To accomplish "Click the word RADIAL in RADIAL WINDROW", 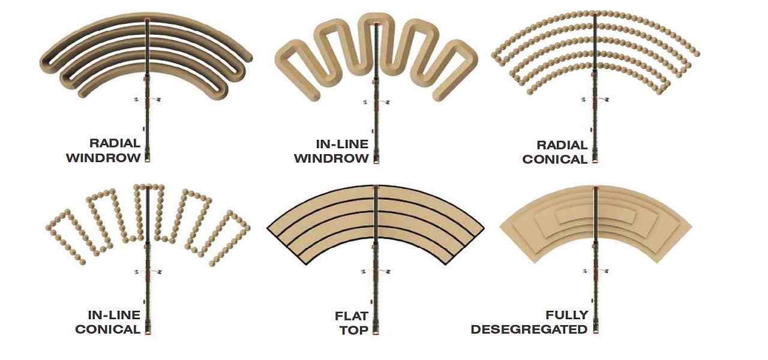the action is (x=115, y=143).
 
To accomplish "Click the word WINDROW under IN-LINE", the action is (x=331, y=159).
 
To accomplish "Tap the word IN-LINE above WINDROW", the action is (x=342, y=144).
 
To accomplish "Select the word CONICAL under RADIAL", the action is (x=555, y=160).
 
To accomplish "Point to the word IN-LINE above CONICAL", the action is (x=114, y=315).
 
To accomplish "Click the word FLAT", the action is (x=352, y=316).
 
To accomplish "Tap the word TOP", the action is (x=354, y=330).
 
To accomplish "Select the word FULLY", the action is (x=567, y=315).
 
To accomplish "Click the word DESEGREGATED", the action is (x=529, y=329).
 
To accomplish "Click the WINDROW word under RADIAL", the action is (x=104, y=158).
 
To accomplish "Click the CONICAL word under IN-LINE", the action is (x=107, y=329).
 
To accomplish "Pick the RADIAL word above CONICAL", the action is (x=562, y=145).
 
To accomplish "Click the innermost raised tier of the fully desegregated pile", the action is (x=596, y=215).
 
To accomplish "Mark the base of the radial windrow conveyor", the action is (x=148, y=158).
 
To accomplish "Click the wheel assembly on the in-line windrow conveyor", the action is (x=376, y=102).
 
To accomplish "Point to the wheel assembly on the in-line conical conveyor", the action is (x=148, y=272).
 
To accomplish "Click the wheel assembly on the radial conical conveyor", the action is (x=595, y=100).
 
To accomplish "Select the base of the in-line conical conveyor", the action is (x=148, y=330).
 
